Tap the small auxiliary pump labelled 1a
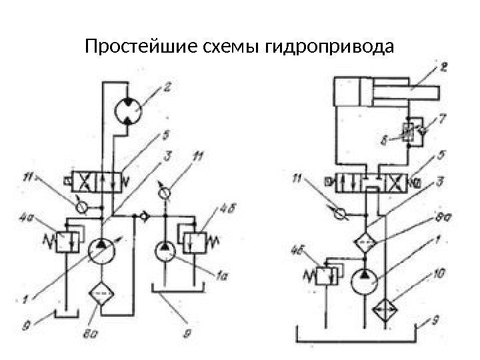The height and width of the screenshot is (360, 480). coord(165,253)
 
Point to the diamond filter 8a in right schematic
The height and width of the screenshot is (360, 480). coord(365,241)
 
